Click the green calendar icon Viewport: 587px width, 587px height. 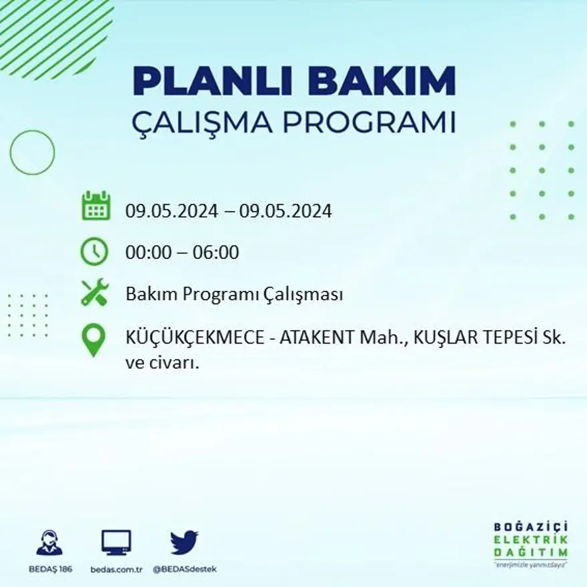tap(95, 206)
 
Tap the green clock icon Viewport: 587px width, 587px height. tap(94, 251)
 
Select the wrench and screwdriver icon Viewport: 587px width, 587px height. tap(94, 293)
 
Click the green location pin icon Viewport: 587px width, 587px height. tap(93, 340)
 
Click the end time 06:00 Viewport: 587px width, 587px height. tap(215, 253)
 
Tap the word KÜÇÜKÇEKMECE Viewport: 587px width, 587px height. tap(193, 339)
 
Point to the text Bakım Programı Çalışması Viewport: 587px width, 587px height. tap(234, 294)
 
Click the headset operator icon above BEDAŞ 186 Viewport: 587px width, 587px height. tap(49, 542)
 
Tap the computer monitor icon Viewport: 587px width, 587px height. tap(116, 542)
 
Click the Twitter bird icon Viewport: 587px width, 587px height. tap(184, 542)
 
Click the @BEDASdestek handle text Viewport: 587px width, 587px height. tap(185, 569)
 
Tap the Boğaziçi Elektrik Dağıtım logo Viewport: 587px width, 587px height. tap(531, 542)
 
